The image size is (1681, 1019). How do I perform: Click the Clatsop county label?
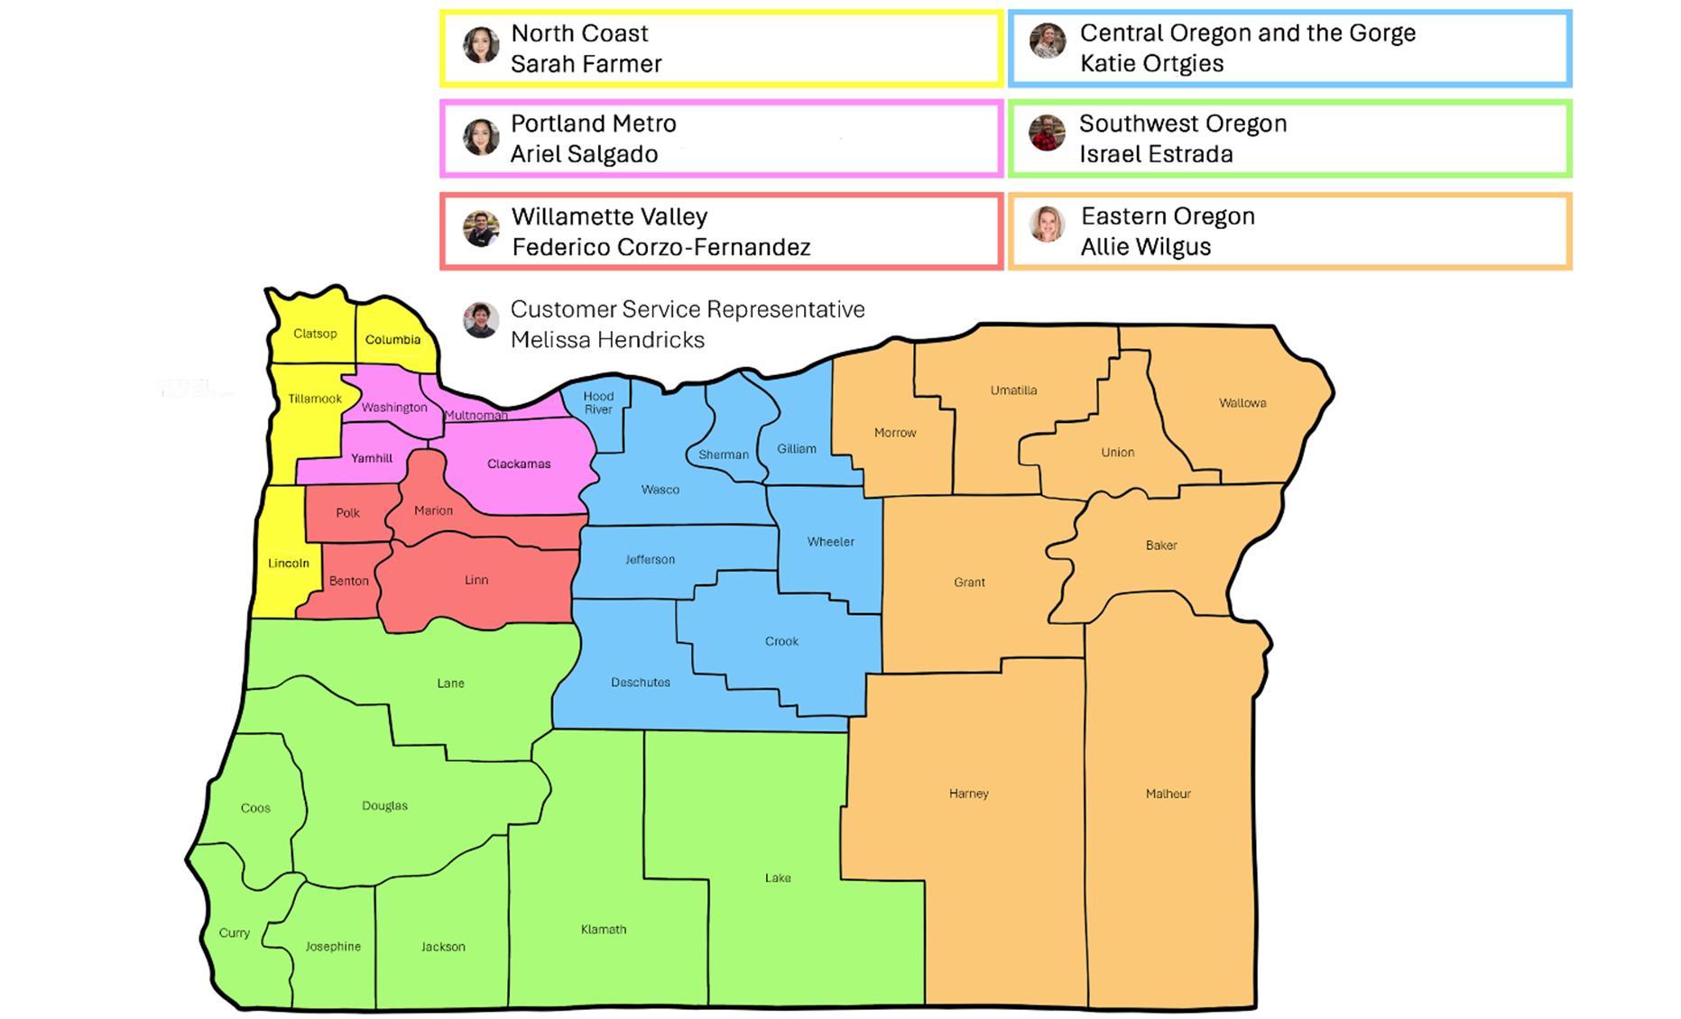pyautogui.click(x=315, y=334)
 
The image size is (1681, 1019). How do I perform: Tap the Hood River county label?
pyautogui.click(x=598, y=402)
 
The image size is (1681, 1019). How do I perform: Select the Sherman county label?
pyautogui.click(x=724, y=454)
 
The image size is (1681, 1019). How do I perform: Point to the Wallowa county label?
pyautogui.click(x=1242, y=403)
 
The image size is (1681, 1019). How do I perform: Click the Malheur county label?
pyautogui.click(x=1168, y=794)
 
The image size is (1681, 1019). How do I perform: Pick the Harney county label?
pyautogui.click(x=968, y=794)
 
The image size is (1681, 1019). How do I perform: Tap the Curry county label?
pyautogui.click(x=234, y=932)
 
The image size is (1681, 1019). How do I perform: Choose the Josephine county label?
pyautogui.click(x=333, y=946)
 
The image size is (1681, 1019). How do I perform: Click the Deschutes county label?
pyautogui.click(x=640, y=682)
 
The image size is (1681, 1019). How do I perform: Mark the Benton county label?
pyautogui.click(x=348, y=581)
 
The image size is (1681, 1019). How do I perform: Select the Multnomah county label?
pyautogui.click(x=476, y=416)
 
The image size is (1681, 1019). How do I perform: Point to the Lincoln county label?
pyautogui.click(x=289, y=563)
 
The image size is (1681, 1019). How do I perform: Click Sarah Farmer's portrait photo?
pyautogui.click(x=481, y=45)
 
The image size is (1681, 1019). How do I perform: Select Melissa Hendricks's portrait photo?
pyautogui.click(x=481, y=320)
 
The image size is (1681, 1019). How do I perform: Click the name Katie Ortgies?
pyautogui.click(x=1151, y=63)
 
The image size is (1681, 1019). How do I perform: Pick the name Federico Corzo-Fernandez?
pyautogui.click(x=660, y=247)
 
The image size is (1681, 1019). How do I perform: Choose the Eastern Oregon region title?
pyautogui.click(x=1168, y=216)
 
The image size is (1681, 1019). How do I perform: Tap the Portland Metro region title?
pyautogui.click(x=593, y=124)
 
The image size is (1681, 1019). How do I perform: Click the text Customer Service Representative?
pyautogui.click(x=688, y=309)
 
